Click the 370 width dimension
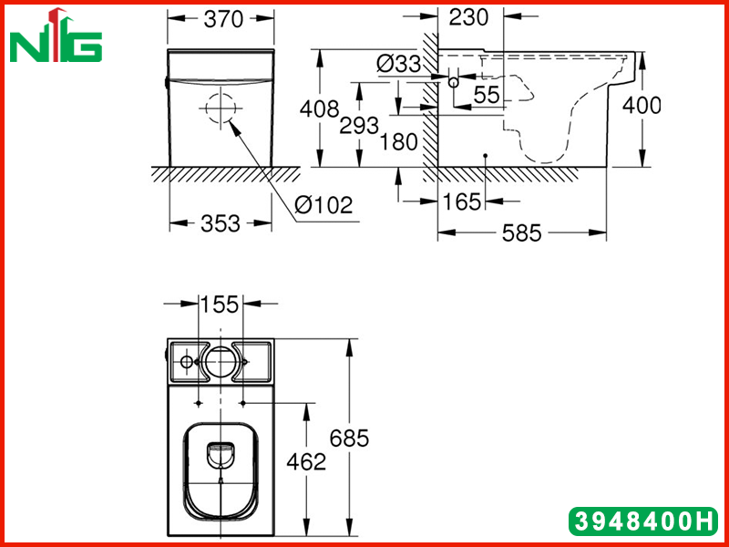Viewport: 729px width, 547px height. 223,19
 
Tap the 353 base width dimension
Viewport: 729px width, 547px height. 220,223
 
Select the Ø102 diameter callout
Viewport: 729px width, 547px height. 324,204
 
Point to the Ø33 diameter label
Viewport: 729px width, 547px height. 399,64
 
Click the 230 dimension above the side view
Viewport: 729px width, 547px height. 469,17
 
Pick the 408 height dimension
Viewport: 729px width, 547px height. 320,109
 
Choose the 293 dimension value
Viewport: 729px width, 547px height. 359,126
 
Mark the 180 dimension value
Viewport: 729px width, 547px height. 399,141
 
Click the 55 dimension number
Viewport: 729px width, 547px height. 487,95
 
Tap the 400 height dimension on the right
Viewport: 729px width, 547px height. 642,106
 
